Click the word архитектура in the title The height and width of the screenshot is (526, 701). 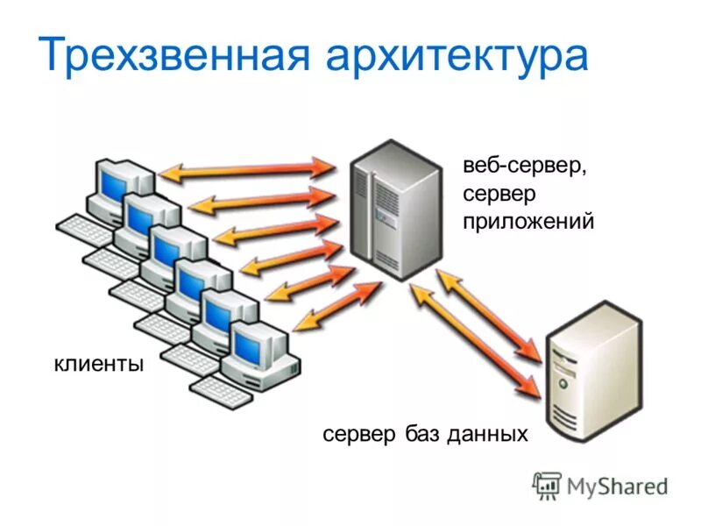tap(457, 55)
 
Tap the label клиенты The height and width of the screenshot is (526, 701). tap(98, 363)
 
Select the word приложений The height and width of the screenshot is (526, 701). tap(528, 223)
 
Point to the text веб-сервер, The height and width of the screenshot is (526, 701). tap(525, 164)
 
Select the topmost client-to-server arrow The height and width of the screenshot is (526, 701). tap(248, 169)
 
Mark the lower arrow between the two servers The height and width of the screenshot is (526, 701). tap(473, 340)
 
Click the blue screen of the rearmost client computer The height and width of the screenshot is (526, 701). tap(113, 181)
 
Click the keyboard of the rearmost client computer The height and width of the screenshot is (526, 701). tap(84, 230)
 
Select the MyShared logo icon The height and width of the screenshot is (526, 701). tap(547, 485)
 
